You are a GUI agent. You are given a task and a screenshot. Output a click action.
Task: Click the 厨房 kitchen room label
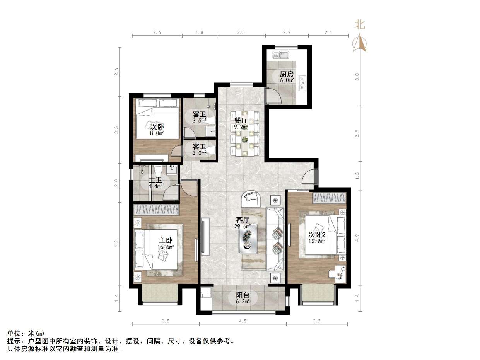287,73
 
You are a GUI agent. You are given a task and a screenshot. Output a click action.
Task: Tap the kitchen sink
280,55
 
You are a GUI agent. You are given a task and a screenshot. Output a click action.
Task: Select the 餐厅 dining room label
241,120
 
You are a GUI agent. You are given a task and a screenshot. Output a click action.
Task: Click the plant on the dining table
245,139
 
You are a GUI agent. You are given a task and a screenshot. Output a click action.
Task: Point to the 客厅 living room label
243,220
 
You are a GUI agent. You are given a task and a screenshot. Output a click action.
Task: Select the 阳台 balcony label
243,295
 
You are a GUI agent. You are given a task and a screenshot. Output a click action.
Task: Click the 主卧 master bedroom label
166,241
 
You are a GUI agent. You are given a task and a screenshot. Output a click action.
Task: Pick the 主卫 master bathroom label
155,180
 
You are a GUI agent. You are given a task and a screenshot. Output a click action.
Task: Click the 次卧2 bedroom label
317,235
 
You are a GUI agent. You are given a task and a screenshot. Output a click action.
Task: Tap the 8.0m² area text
157,133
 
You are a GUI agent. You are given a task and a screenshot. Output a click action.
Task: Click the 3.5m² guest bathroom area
200,120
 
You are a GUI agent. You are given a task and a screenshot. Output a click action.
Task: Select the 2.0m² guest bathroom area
200,153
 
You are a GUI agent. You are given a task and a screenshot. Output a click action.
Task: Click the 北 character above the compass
359,24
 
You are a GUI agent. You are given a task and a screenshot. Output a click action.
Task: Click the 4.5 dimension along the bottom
243,321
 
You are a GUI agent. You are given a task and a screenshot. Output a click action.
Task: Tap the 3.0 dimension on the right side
357,77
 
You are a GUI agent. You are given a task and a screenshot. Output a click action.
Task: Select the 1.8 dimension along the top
199,32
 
